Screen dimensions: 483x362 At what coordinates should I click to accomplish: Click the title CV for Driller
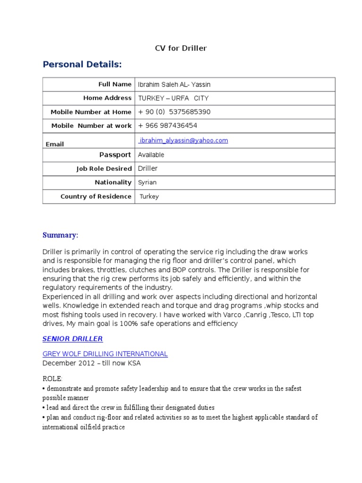tap(181, 48)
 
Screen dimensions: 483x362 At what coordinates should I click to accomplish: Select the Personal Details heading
tap(82, 64)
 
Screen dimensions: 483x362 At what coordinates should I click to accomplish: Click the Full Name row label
tap(115, 84)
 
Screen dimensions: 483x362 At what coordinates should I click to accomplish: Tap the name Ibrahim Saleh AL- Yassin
tap(174, 84)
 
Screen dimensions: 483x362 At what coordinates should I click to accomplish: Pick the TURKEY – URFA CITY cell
tap(173, 98)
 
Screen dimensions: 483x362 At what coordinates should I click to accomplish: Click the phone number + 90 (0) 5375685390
tap(174, 112)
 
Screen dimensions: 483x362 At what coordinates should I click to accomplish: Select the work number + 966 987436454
tap(167, 125)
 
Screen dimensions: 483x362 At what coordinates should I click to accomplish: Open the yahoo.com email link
tap(183, 141)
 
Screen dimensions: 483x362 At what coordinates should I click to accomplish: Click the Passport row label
tap(115, 155)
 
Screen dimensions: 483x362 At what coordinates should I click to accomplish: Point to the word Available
tap(151, 155)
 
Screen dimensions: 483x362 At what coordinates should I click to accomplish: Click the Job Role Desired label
tap(104, 169)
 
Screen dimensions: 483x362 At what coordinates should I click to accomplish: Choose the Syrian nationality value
tap(147, 183)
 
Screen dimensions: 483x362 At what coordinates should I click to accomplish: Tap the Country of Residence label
tap(96, 197)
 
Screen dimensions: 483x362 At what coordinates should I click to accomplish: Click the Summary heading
tap(60, 235)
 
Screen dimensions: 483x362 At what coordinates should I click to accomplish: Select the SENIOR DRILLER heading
tap(73, 339)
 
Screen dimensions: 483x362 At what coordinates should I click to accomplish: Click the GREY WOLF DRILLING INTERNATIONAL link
tap(105, 354)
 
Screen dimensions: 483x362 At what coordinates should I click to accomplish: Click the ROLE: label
tap(52, 379)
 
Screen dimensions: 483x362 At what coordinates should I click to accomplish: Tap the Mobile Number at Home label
tap(91, 112)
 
